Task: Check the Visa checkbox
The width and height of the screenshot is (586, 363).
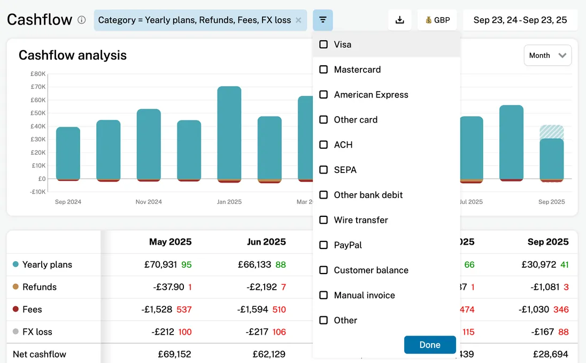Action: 323,44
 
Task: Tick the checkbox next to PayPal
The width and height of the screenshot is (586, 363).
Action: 323,245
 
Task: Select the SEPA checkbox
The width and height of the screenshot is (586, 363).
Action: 323,170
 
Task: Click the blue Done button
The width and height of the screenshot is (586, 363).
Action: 430,345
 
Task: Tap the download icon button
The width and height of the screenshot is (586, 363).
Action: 399,20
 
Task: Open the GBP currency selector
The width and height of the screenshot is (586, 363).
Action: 437,20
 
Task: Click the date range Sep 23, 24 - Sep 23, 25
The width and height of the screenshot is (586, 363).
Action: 520,20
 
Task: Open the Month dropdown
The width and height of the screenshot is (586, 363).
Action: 548,55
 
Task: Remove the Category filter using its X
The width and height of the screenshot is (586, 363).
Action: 298,20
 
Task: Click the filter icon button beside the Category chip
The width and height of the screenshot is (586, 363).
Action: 322,20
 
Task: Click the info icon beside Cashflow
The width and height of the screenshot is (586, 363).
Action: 81,20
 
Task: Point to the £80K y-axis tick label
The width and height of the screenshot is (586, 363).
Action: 37,74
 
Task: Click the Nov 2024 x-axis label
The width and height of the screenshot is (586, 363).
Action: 149,202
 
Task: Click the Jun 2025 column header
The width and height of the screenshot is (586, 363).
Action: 266,242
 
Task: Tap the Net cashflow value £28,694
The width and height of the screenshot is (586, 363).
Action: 550,354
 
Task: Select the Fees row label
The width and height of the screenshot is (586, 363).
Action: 32,309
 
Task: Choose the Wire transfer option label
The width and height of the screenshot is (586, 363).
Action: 361,220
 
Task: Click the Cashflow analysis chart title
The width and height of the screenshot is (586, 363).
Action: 73,55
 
